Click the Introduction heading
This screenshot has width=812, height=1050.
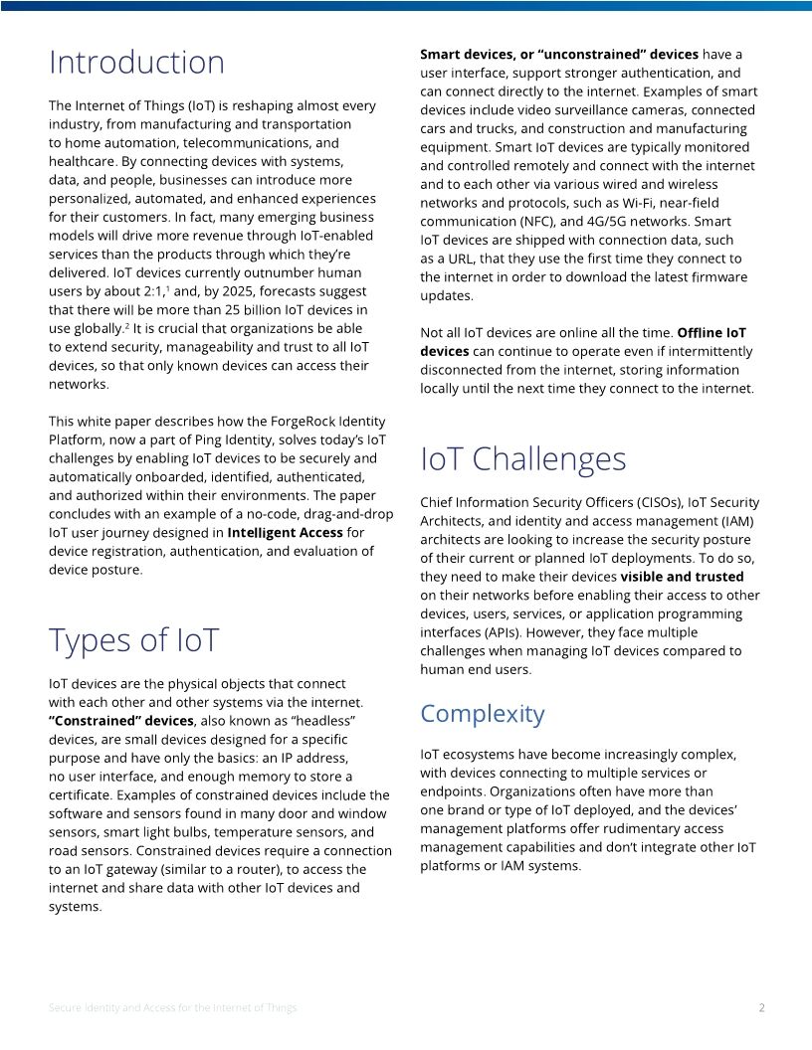click(x=136, y=63)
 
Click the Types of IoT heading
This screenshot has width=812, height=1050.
click(x=133, y=639)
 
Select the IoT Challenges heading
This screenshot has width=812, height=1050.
click(x=522, y=458)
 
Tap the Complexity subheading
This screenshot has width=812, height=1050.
click(x=482, y=714)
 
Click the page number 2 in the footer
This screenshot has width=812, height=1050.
click(x=761, y=1007)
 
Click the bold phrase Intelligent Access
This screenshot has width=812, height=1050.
click(x=285, y=533)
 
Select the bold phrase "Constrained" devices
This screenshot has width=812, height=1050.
click(x=120, y=721)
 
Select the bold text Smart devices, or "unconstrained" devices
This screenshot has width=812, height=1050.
click(x=558, y=55)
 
